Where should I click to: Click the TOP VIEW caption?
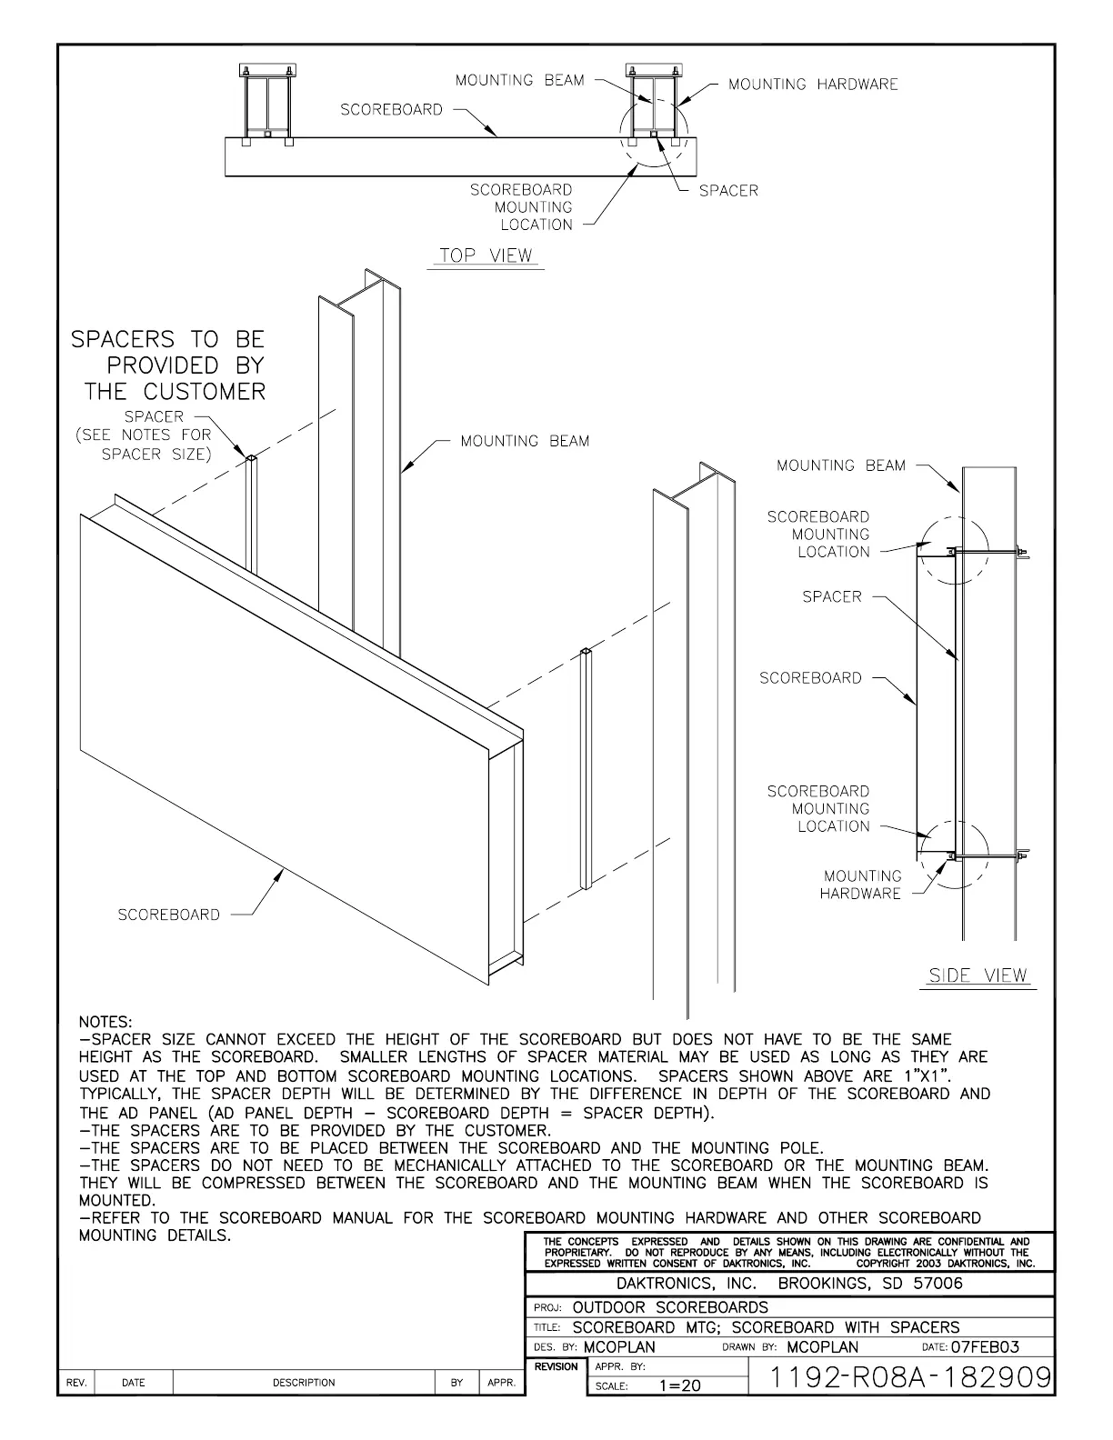coord(486,255)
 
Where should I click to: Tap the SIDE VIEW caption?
coord(978,975)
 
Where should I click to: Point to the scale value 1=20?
coord(680,1385)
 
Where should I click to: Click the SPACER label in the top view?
coord(728,191)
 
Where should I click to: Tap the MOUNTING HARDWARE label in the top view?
coord(813,85)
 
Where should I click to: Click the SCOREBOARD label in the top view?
coord(391,110)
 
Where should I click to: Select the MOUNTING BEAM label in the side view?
coord(841,465)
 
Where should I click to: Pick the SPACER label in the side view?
coord(831,597)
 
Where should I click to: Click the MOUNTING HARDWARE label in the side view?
coord(861,885)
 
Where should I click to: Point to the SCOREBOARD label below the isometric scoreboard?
coord(168,915)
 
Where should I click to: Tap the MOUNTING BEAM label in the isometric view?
coord(525,442)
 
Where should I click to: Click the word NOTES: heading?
coord(105,1023)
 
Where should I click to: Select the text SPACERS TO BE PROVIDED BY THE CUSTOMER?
coord(169,365)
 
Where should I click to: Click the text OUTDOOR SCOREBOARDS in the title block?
coord(670,1307)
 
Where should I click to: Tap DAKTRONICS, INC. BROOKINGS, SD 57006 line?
coord(789,1284)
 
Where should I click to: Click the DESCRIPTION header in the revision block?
coord(304,1383)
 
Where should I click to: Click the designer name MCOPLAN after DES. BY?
coord(619,1347)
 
